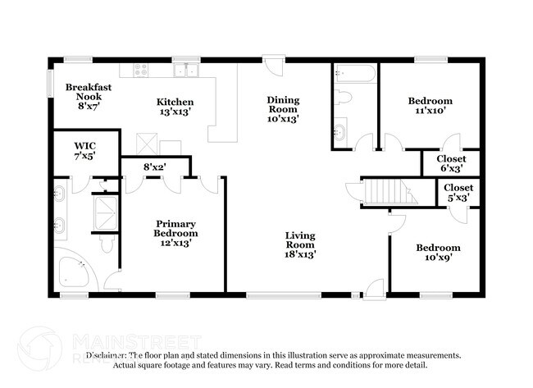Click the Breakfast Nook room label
[x=88, y=95]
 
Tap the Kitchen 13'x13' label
[x=175, y=107]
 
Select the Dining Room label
[x=282, y=109]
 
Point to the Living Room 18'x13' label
[x=300, y=244]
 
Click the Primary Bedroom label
[x=176, y=233]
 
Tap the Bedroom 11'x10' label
[x=430, y=107]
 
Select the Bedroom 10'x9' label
[x=437, y=253]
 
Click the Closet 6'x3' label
[x=451, y=163]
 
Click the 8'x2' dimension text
[x=155, y=167]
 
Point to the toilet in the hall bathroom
[x=344, y=98]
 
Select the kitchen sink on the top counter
[x=190, y=71]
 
